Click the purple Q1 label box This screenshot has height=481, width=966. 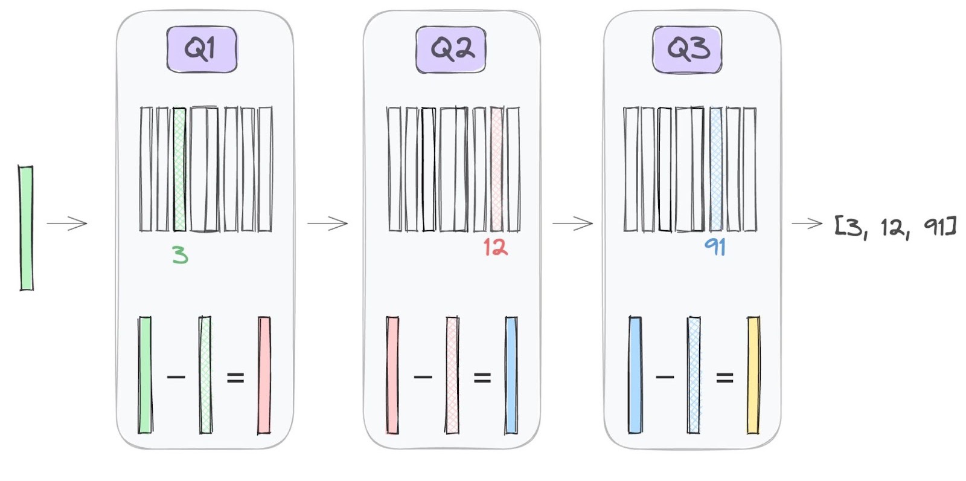click(202, 49)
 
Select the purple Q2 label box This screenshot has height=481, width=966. click(450, 49)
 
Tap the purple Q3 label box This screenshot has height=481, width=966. click(687, 49)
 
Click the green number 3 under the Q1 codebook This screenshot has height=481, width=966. click(180, 254)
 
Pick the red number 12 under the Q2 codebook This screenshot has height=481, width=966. click(495, 247)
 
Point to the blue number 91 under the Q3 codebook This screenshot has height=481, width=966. click(715, 247)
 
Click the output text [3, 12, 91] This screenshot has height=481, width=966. click(895, 227)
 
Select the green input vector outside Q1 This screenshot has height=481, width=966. click(26, 228)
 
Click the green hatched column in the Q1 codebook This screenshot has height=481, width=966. click(179, 169)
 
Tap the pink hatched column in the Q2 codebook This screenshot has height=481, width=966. click(496, 169)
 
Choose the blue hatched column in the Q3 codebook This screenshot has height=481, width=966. click(716, 169)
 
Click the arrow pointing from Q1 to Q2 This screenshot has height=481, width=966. click(328, 224)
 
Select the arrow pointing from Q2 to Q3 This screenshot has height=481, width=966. click(572, 224)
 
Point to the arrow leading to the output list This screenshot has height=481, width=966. click(807, 224)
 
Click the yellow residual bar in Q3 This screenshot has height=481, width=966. click(753, 375)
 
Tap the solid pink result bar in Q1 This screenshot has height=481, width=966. click(264, 375)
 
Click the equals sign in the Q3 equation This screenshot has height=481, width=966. click(724, 378)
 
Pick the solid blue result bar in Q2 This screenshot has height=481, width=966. click(511, 375)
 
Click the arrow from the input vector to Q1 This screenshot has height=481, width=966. click(67, 224)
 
